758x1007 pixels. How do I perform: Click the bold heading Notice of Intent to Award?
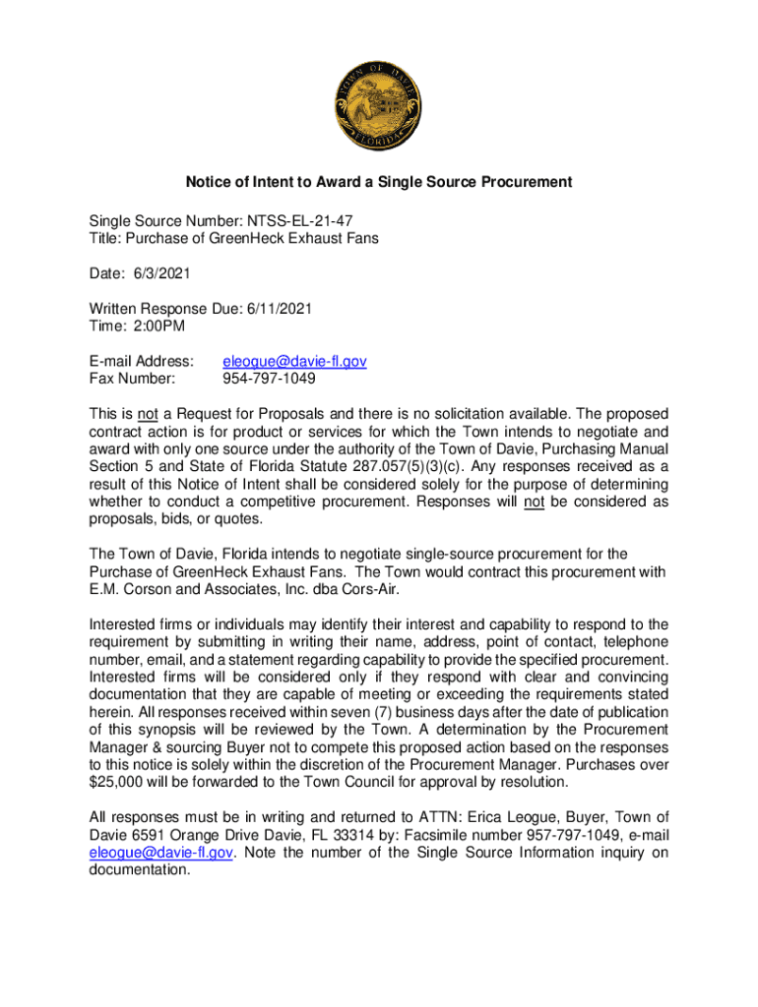pyautogui.click(x=379, y=182)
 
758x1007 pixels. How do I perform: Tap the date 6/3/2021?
pyautogui.click(x=158, y=272)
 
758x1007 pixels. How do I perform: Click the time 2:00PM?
pyautogui.click(x=160, y=326)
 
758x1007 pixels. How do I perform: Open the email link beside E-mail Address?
pyautogui.click(x=295, y=361)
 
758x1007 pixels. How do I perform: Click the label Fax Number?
pyautogui.click(x=132, y=379)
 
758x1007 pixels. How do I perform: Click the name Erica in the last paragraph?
pyautogui.click(x=488, y=817)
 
